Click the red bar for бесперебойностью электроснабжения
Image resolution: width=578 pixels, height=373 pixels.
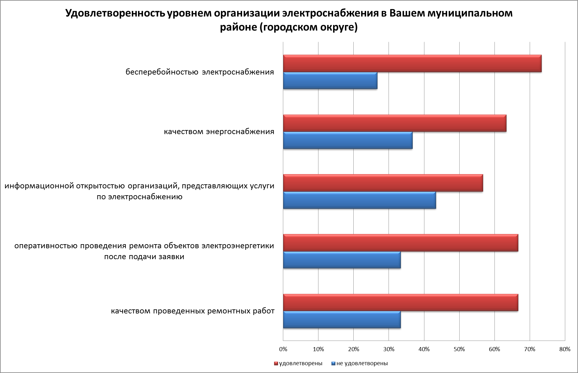click(x=412, y=64)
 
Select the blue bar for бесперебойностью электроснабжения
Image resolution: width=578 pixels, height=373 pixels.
click(x=330, y=81)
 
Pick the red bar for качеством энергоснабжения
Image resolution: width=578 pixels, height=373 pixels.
click(x=394, y=123)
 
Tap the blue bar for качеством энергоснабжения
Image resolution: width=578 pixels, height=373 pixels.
click(x=348, y=140)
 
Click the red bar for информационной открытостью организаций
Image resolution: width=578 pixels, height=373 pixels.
click(x=383, y=183)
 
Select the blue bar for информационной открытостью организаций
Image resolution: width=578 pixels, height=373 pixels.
click(x=359, y=200)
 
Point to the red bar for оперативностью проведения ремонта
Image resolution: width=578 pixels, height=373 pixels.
click(x=400, y=243)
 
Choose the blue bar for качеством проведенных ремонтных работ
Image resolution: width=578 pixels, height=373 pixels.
click(x=342, y=320)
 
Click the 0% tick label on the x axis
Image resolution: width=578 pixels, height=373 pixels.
click(x=283, y=349)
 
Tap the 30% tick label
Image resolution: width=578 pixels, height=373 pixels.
click(x=389, y=349)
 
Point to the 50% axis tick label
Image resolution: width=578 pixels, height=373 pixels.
click(x=459, y=349)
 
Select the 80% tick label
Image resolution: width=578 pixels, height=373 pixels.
click(x=565, y=349)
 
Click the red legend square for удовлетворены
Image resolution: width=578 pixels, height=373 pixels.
click(x=276, y=363)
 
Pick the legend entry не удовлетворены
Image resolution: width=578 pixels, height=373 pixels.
click(x=362, y=363)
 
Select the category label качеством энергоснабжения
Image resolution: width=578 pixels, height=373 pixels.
click(x=219, y=132)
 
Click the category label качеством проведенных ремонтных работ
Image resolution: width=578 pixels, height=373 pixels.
click(x=193, y=311)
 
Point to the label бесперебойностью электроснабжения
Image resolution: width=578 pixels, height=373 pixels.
click(x=200, y=72)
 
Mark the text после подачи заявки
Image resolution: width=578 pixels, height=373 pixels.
click(x=144, y=257)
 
